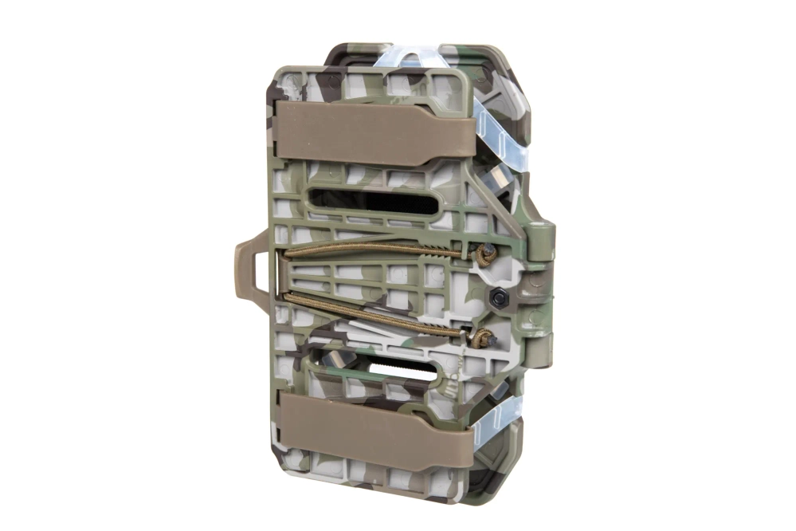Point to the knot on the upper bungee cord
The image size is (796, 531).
point(484,254)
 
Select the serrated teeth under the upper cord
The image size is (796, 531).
point(430,258)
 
